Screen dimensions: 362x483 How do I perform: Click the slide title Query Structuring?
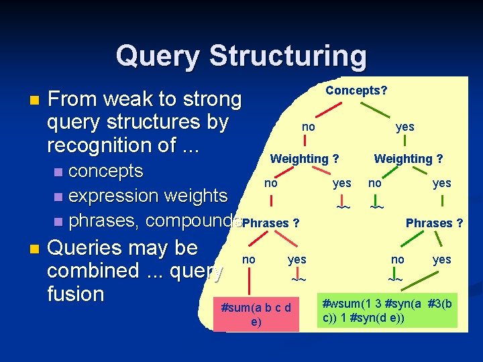241,56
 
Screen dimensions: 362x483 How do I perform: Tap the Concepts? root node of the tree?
356,90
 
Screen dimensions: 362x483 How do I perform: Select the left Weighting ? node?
304,159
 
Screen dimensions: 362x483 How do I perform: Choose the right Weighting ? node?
408,159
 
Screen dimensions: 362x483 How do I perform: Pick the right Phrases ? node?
434,223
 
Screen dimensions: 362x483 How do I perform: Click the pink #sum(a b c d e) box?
256,314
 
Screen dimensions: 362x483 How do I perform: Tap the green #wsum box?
387,310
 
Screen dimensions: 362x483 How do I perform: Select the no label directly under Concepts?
308,127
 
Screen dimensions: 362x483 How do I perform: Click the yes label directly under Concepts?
405,127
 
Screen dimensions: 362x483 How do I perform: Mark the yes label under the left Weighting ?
341,183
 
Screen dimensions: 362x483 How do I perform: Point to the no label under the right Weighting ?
375,183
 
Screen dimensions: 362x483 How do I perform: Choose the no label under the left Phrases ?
248,259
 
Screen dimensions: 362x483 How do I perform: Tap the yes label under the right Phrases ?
441,259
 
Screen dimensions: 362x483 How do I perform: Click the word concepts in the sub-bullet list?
106,171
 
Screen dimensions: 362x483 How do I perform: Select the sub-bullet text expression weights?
148,196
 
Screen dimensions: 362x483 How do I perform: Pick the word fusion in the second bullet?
76,294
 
